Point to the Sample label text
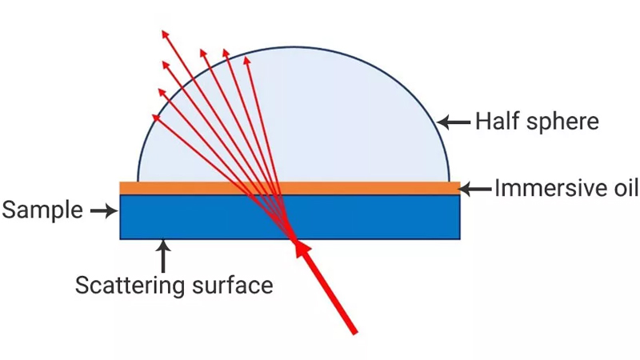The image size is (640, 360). click(x=42, y=210)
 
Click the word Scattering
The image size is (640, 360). click(x=130, y=286)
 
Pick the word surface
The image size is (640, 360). click(x=232, y=285)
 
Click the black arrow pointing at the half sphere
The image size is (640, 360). click(x=454, y=122)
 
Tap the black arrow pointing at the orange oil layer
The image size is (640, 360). click(x=474, y=189)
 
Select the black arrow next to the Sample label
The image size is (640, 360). click(x=104, y=210)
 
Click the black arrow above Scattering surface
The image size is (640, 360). click(x=163, y=256)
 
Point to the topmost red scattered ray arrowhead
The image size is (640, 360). click(x=165, y=34)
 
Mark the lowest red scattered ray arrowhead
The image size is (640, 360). click(x=156, y=118)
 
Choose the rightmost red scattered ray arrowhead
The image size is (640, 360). click(x=246, y=61)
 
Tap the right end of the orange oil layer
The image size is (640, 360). click(x=460, y=188)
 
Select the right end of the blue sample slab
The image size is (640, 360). click(x=460, y=217)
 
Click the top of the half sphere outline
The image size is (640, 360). click(x=294, y=47)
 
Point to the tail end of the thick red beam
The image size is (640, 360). click(x=355, y=333)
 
